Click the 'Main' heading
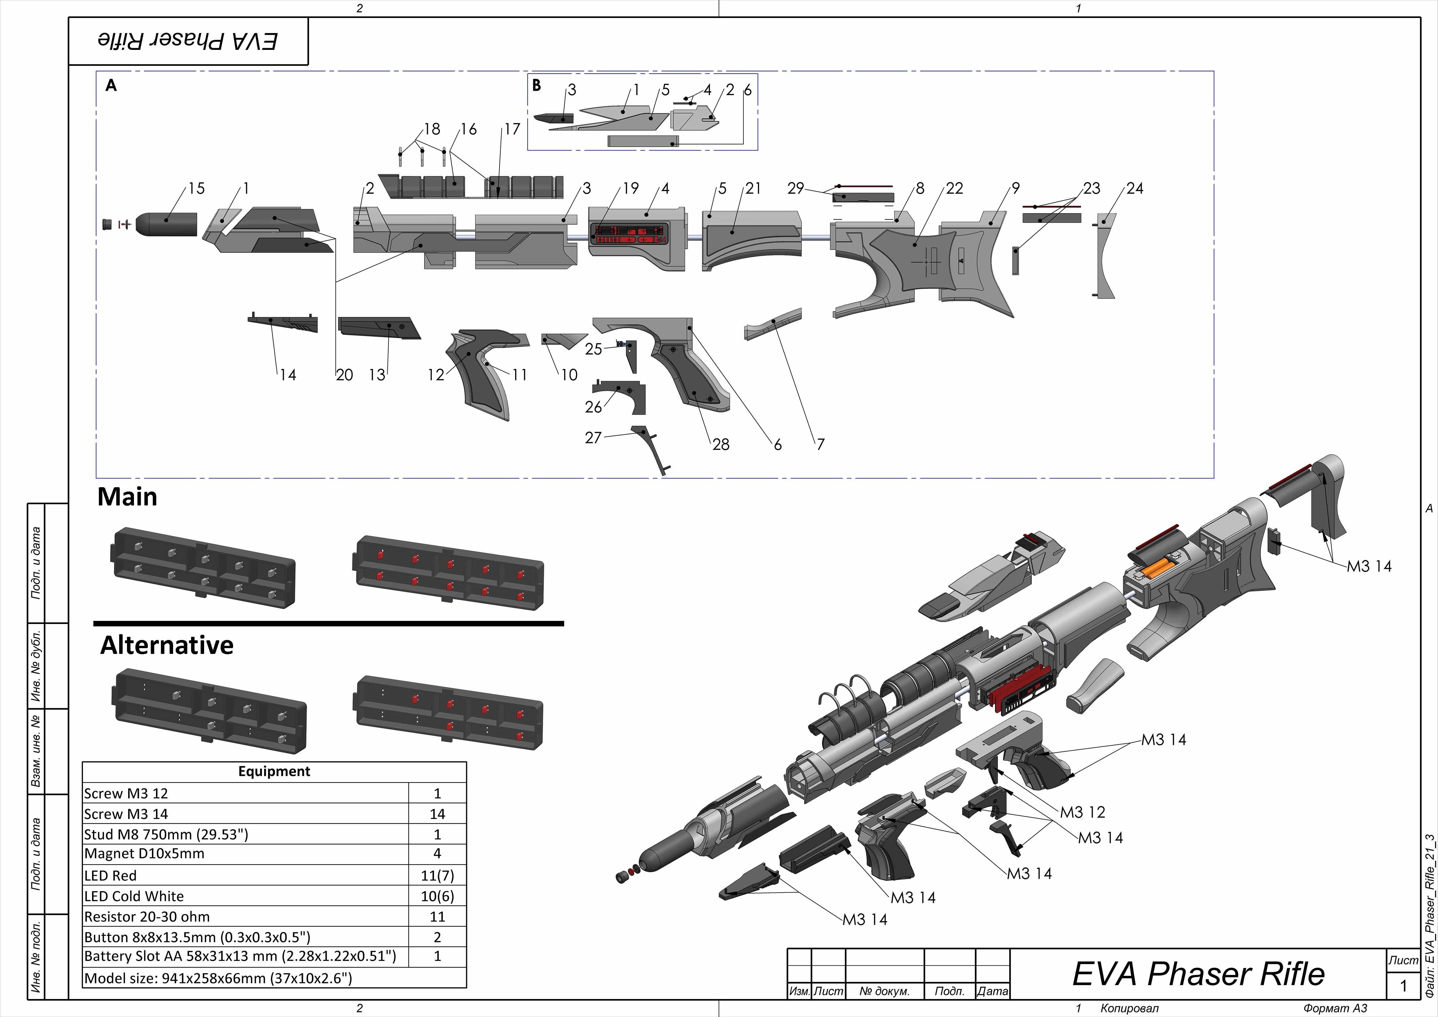click(127, 497)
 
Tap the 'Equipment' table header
click(274, 771)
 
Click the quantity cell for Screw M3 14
click(437, 814)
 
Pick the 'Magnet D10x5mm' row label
click(144, 853)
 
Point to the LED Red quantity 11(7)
click(437, 875)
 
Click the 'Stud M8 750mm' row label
click(166, 834)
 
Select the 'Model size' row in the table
click(218, 978)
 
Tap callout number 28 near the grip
click(721, 444)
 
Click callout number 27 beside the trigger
click(593, 437)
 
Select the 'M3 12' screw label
click(1082, 812)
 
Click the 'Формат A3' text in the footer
click(1335, 1008)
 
